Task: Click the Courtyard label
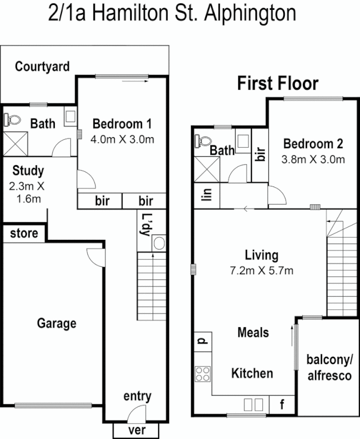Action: click(x=42, y=67)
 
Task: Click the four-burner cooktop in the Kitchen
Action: click(x=202, y=374)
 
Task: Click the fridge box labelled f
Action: click(x=283, y=405)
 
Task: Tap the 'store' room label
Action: click(x=24, y=233)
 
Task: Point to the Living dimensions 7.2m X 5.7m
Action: click(x=261, y=270)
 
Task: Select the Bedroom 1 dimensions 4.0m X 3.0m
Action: click(x=122, y=139)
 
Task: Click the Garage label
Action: click(x=57, y=323)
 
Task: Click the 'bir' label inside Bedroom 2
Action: click(x=261, y=153)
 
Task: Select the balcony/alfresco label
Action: click(x=329, y=368)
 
